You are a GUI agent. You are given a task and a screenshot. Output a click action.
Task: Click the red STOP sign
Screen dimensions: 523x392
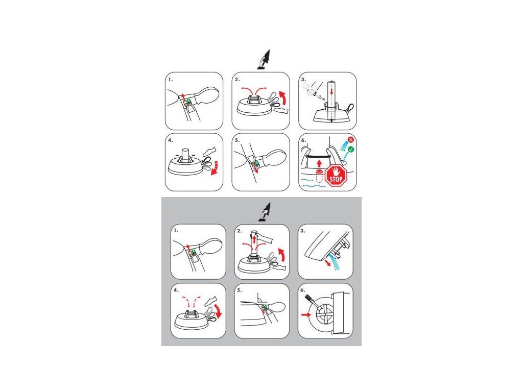[x=336, y=176]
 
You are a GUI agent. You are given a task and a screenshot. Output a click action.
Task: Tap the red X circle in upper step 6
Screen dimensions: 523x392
[x=350, y=140]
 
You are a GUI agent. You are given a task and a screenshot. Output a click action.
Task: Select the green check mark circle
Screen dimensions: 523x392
[x=350, y=150]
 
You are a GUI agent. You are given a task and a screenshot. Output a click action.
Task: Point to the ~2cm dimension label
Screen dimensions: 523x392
[x=321, y=97]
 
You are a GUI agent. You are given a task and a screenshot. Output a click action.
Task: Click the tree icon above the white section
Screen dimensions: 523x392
[x=264, y=60]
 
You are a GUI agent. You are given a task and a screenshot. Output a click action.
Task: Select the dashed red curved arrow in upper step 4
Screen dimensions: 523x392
[x=216, y=167]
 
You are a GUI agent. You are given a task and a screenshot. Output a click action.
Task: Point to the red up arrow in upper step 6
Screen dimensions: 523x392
[x=319, y=163]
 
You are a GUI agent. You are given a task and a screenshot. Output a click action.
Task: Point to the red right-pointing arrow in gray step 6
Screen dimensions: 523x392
[x=305, y=314]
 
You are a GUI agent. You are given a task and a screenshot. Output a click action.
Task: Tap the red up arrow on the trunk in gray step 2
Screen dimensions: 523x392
[x=254, y=240]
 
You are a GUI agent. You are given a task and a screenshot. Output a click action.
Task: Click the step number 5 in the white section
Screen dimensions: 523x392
[x=237, y=140]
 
